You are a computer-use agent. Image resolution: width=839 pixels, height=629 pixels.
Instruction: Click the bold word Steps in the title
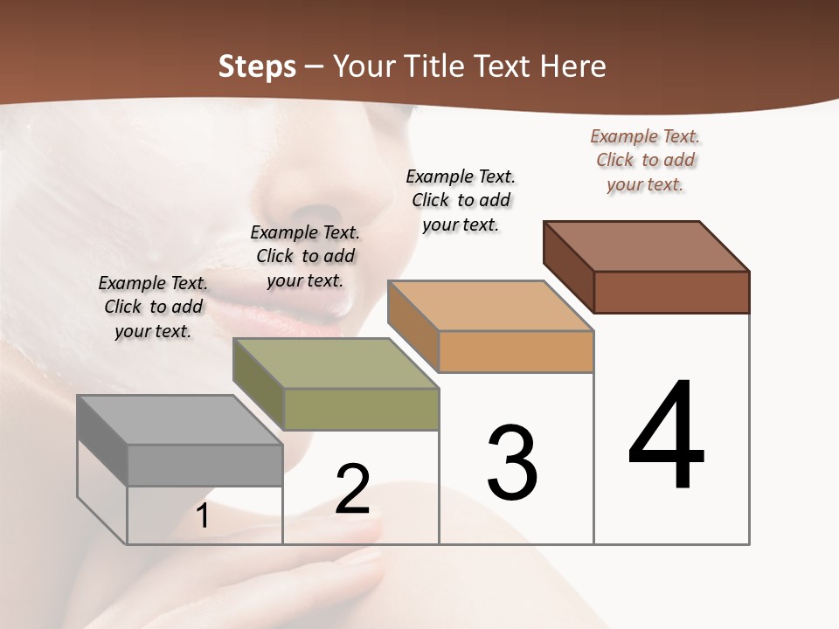(257, 66)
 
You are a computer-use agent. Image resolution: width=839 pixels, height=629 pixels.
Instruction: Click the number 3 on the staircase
(512, 463)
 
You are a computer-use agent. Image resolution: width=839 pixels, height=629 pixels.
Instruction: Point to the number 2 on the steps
(353, 489)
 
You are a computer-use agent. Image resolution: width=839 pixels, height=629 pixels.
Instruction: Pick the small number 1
(203, 516)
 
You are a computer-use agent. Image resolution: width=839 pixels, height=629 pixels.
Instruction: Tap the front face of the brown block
(671, 292)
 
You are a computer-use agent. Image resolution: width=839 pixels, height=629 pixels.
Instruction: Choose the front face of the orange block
(516, 352)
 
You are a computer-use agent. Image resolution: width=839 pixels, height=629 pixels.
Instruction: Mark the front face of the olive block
(361, 409)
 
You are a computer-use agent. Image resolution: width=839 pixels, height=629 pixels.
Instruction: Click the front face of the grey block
(205, 465)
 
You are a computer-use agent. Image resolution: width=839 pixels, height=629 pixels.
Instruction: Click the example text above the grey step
(153, 307)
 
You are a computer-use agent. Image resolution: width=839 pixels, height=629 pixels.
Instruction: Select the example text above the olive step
(305, 256)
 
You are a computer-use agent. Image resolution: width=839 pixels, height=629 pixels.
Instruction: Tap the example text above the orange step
(461, 200)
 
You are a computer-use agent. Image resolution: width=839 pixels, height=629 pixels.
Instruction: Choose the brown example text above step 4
(645, 160)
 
